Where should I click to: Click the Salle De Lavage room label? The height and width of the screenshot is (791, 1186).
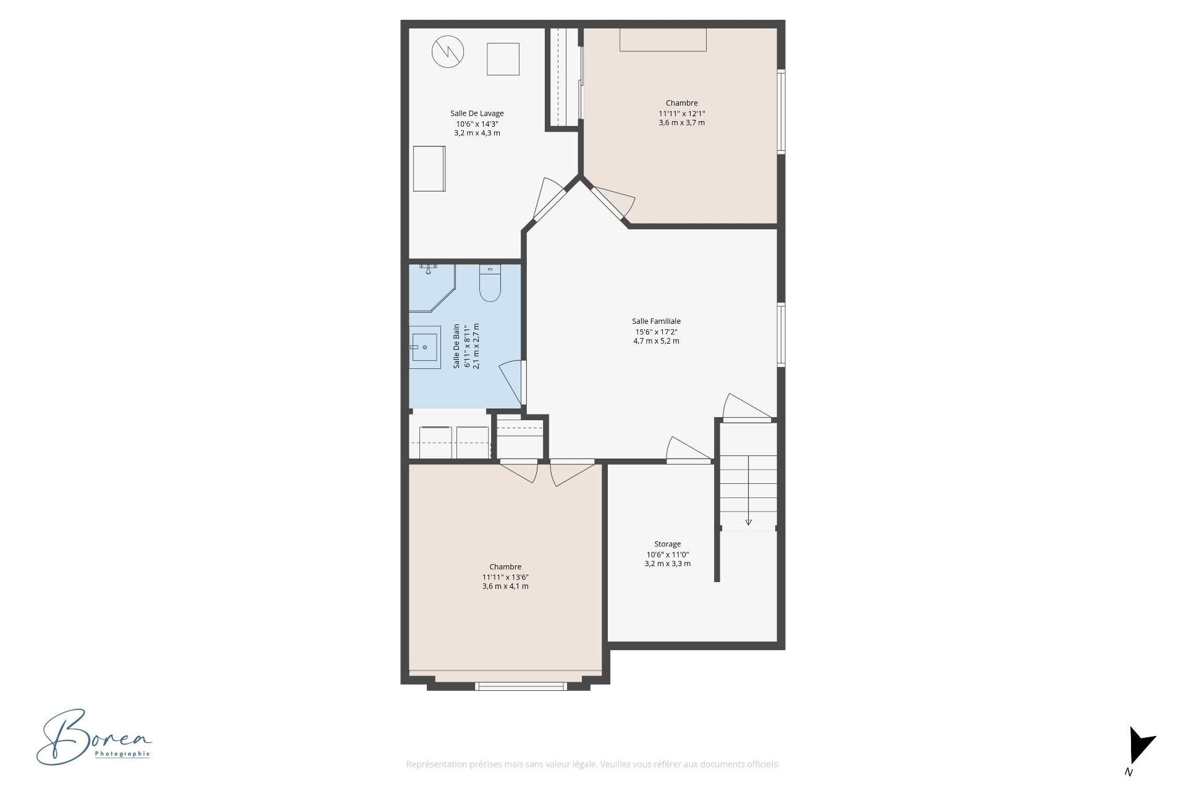click(x=477, y=113)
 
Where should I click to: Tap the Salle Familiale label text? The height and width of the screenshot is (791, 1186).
click(x=656, y=321)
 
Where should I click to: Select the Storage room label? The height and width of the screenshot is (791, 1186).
click(x=668, y=544)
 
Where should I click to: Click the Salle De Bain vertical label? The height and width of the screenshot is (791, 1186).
click(x=456, y=346)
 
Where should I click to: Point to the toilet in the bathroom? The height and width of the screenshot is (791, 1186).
click(x=490, y=284)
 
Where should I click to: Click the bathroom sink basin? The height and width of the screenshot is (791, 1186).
click(x=425, y=347)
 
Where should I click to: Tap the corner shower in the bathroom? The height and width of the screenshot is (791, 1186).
click(x=432, y=288)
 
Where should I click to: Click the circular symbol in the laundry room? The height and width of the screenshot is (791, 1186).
click(x=448, y=51)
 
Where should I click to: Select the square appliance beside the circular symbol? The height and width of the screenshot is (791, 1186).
click(x=503, y=59)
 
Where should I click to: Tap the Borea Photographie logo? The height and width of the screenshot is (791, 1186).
click(x=94, y=737)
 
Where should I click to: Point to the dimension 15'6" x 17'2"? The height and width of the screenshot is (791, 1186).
click(x=656, y=332)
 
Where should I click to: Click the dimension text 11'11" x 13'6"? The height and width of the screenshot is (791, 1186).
click(x=505, y=577)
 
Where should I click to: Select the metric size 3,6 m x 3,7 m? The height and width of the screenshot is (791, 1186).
click(x=682, y=122)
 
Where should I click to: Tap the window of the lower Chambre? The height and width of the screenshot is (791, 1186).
click(x=520, y=686)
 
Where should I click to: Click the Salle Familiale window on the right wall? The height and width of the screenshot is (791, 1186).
click(x=781, y=334)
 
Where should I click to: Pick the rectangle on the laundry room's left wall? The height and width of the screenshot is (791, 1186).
click(x=429, y=169)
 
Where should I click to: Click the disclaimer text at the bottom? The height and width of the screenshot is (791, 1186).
click(x=592, y=764)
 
